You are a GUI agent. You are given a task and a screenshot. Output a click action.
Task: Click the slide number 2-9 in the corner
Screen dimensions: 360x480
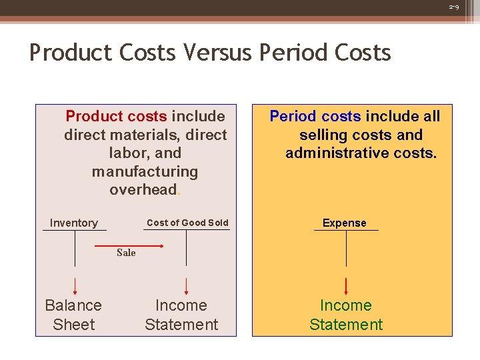[454, 7]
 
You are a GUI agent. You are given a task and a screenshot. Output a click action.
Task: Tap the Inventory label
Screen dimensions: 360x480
[74, 223]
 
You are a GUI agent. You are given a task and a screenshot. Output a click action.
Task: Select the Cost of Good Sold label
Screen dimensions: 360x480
[187, 223]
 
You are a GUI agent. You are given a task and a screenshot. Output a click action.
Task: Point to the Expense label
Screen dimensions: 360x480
[345, 223]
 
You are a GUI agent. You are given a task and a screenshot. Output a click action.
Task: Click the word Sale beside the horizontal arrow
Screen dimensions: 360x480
[126, 253]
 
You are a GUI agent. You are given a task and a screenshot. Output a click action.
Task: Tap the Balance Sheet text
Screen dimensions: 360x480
[73, 315]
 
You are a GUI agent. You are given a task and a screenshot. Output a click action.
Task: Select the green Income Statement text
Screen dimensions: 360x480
[346, 315]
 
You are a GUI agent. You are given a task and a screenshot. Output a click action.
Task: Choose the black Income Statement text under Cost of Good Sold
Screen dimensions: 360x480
[181, 315]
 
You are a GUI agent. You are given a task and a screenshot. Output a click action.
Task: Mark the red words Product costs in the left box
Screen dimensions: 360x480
[117, 116]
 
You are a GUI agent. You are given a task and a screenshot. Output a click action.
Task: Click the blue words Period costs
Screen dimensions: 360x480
[315, 116]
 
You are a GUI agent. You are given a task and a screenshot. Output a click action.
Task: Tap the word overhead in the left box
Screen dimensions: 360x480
[143, 190]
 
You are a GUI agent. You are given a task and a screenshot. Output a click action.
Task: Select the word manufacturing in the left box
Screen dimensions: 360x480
[145, 171]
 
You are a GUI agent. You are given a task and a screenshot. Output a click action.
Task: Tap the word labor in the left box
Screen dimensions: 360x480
[125, 153]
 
